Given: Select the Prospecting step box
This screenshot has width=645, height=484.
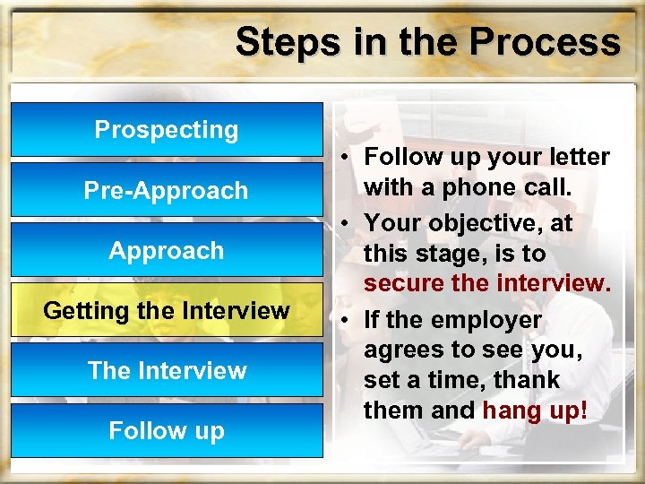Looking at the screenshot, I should pos(167,130).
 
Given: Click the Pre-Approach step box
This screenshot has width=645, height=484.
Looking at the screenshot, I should pos(167,190).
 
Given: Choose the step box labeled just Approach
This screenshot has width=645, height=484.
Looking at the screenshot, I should pos(167,250).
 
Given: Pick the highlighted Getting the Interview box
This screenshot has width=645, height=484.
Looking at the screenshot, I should pos(167,310).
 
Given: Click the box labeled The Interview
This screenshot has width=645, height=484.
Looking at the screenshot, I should pos(167,370).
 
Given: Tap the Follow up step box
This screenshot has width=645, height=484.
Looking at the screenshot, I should pos(167,430).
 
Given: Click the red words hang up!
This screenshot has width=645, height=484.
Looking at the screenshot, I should pos(536,411).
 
